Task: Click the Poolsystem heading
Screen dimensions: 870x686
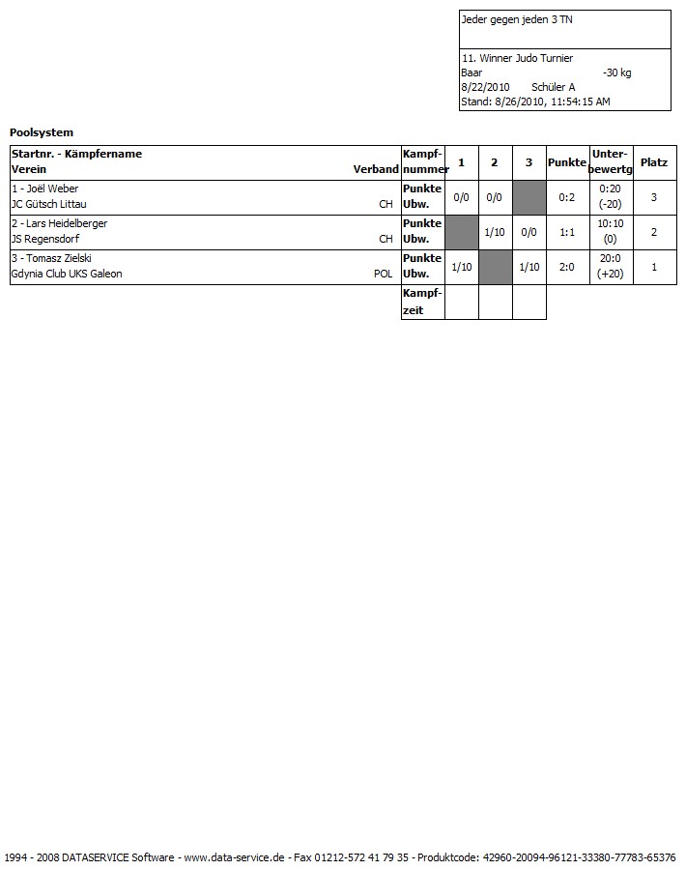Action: click(42, 132)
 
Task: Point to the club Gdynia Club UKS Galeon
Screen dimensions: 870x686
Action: click(67, 274)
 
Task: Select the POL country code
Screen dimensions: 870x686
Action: click(383, 274)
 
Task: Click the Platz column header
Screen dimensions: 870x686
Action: click(654, 162)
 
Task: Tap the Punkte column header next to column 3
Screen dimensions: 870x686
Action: click(566, 162)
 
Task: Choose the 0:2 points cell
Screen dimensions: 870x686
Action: click(567, 197)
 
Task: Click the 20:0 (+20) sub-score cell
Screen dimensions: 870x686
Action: click(610, 267)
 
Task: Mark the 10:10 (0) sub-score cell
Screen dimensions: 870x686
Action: click(610, 232)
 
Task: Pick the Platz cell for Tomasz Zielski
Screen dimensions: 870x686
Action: click(654, 267)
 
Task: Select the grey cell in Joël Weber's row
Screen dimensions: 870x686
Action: click(529, 197)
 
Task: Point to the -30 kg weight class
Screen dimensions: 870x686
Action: click(616, 72)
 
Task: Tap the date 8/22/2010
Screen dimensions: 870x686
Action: click(485, 87)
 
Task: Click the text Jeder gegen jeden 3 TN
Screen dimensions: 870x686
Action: click(509, 19)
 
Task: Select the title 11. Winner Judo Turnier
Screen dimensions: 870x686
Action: click(517, 58)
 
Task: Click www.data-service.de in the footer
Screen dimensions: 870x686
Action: click(234, 857)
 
